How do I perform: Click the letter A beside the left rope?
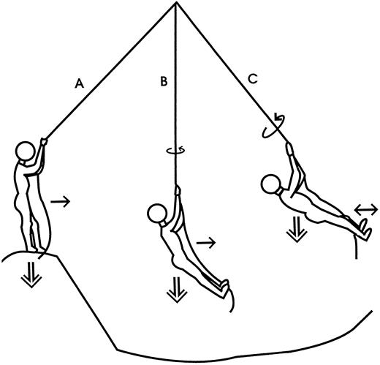[x=80, y=83]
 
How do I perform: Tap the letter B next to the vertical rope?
[x=164, y=81]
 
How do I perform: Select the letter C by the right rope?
[x=253, y=79]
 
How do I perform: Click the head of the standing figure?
[x=26, y=151]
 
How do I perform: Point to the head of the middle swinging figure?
[x=157, y=214]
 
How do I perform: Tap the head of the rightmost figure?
[x=270, y=184]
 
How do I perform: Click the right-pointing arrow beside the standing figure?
[x=60, y=201]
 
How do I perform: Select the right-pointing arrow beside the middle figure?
[x=206, y=242]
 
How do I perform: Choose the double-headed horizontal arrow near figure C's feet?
[x=366, y=210]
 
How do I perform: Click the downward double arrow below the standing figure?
[x=31, y=274]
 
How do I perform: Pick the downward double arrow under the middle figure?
[x=177, y=290]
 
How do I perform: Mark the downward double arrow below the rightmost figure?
[x=297, y=229]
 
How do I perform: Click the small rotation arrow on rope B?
[x=175, y=151]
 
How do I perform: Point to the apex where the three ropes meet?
[x=176, y=2]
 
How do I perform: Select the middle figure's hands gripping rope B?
[x=178, y=189]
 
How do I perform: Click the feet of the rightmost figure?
[x=365, y=229]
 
